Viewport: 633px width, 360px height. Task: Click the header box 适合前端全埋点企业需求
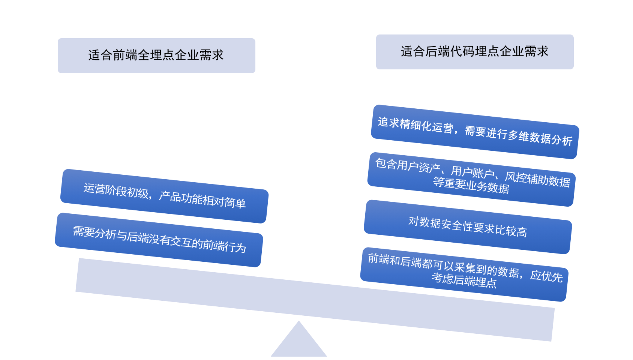[156, 55]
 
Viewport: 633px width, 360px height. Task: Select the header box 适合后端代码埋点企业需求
[475, 52]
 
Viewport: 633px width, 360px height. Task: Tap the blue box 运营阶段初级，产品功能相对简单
[164, 196]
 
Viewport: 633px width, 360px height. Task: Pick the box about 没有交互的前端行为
[159, 240]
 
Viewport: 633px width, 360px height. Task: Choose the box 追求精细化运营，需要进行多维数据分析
[475, 132]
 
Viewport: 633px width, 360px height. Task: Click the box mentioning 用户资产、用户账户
[471, 179]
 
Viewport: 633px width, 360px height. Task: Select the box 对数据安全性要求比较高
[468, 226]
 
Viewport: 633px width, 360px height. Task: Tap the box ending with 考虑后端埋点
[464, 274]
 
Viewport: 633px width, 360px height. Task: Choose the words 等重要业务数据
[471, 186]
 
